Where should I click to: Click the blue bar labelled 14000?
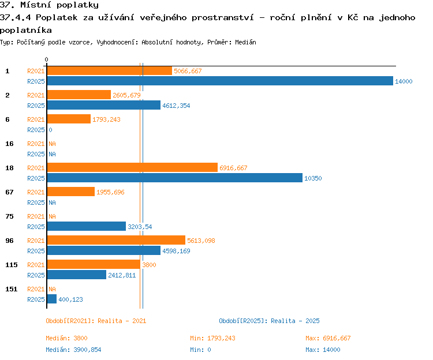coord(220,81)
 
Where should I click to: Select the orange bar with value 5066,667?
coord(110,70)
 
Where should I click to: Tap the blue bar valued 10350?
coord(175,178)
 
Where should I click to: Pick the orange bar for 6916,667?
coord(132,167)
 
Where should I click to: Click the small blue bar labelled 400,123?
coord(52,299)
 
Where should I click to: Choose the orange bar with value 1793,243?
coord(69,119)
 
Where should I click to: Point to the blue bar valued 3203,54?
coord(87,226)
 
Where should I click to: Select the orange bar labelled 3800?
coord(94,264)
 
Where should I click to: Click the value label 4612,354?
coord(176,106)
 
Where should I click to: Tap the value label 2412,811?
coord(122,275)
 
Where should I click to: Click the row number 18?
coord(9,168)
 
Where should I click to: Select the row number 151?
coord(12,289)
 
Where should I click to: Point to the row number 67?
coord(9,192)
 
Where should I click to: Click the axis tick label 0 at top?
coord(46,59)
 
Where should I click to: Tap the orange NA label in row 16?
coord(52,144)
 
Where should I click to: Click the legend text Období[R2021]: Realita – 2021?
coord(96,321)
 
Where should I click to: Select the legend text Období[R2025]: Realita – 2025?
coord(269,321)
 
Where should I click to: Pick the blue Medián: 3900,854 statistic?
coord(73,350)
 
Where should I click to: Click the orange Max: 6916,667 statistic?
coord(328,338)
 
